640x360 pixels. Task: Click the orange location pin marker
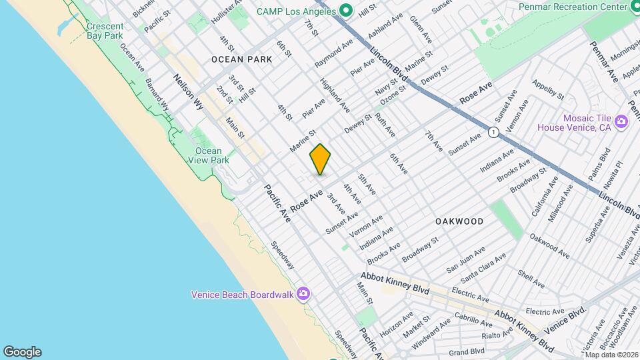tap(320, 159)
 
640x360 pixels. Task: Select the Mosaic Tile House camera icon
tap(621, 121)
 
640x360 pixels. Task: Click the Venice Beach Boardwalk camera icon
tap(303, 293)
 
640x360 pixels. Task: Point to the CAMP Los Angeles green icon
tap(345, 10)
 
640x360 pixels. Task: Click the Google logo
tap(22, 352)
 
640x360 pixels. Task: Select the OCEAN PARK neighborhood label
tap(241, 59)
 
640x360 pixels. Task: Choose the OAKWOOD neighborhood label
tap(459, 221)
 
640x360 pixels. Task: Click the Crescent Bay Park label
tap(105, 31)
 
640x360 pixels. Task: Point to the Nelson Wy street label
tap(189, 91)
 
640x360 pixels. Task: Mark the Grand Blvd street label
tap(466, 351)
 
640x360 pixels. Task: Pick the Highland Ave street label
tap(335, 95)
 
